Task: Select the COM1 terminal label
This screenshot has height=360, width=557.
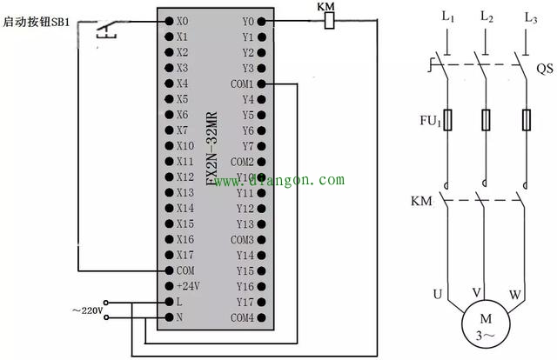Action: point(242,84)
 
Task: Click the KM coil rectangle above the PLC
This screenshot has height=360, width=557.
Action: point(328,21)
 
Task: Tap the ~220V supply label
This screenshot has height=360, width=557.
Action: point(86,310)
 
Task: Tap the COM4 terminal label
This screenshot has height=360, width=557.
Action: point(242,317)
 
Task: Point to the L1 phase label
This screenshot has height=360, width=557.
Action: point(448,16)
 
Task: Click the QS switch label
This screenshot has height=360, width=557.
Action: point(545,68)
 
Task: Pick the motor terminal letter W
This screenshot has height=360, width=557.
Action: point(515,295)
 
